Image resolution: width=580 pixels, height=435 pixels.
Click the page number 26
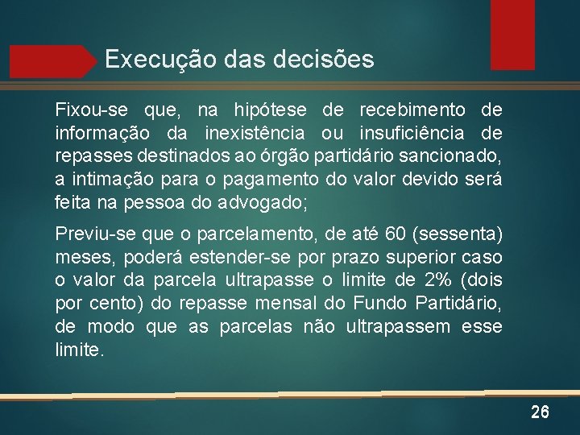point(540,413)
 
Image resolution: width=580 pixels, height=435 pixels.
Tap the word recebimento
point(412,109)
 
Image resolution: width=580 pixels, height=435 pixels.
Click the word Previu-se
point(94,234)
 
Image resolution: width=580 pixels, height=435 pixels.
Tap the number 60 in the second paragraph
point(396,234)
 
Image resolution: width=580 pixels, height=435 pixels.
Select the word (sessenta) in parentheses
point(458,234)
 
